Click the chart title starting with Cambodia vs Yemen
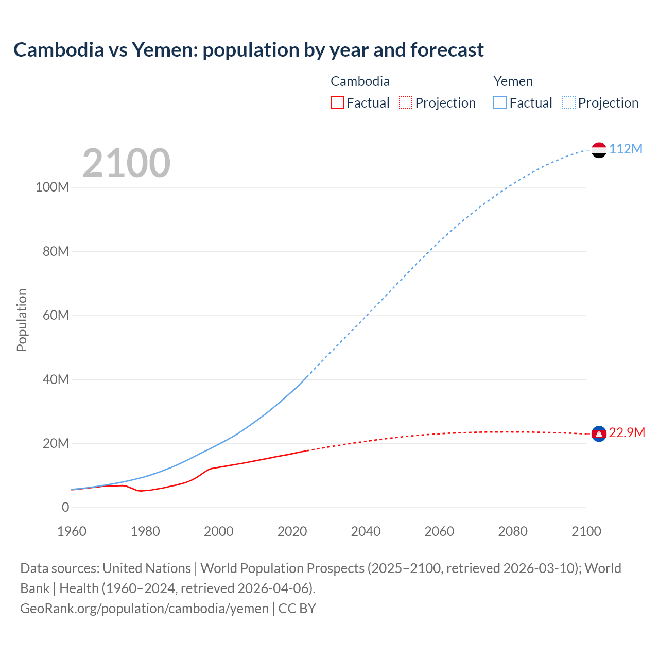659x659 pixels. point(248,50)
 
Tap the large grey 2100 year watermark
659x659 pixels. point(126,163)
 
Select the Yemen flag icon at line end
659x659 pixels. point(599,150)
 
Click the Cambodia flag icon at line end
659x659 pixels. point(599,434)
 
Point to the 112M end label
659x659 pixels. point(626,149)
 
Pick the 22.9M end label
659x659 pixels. point(627,432)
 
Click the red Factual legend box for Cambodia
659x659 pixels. point(337,102)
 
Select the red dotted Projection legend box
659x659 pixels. point(406,102)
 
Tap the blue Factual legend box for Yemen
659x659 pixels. point(500,102)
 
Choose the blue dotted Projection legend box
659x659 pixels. point(568,102)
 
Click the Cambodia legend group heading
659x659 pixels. point(360,81)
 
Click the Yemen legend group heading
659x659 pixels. point(513,81)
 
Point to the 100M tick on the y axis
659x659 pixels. point(52,187)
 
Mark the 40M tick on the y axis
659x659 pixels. point(55,379)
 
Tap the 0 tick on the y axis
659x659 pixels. point(65,507)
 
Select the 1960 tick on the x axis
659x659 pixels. point(72,531)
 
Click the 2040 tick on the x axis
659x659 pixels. point(366,531)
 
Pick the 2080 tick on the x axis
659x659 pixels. point(513,531)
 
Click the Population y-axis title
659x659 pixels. point(22,320)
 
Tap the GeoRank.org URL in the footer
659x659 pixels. point(144,608)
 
